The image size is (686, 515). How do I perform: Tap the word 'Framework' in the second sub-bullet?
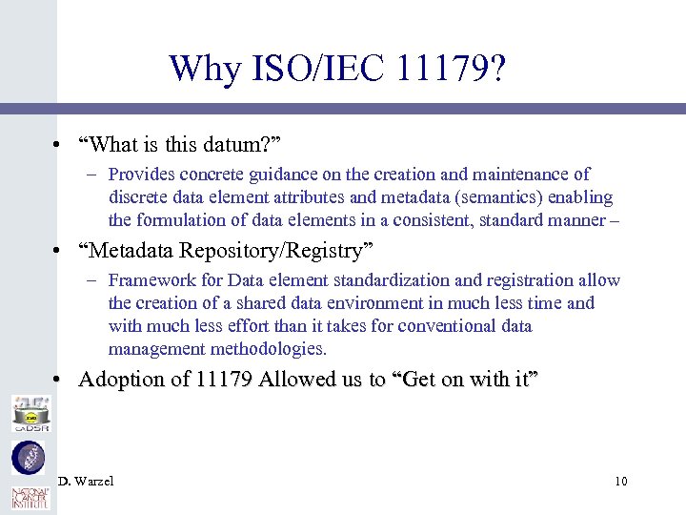(150, 280)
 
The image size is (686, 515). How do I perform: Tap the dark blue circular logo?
(27, 458)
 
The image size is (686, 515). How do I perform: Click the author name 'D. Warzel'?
(86, 482)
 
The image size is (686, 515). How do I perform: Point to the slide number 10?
(620, 482)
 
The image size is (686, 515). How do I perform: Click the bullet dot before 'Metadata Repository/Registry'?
(58, 252)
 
